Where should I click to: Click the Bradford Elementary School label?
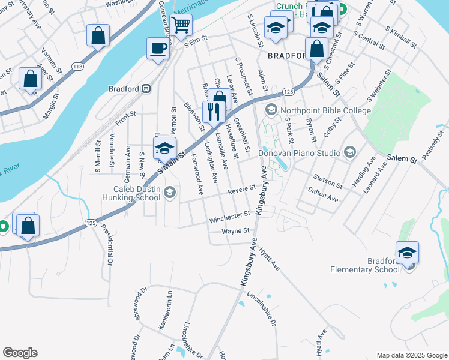coord(364,265)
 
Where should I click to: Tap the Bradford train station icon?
coord(146,89)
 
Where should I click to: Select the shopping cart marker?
coord(180,25)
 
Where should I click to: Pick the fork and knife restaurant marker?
coord(213,111)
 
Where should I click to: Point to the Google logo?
coord(20,353)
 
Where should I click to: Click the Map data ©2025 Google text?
coord(411,355)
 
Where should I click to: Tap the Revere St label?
coord(242,190)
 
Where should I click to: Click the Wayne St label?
coord(235,230)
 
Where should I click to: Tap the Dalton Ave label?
coord(323,197)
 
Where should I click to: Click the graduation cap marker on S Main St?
coord(164,149)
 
